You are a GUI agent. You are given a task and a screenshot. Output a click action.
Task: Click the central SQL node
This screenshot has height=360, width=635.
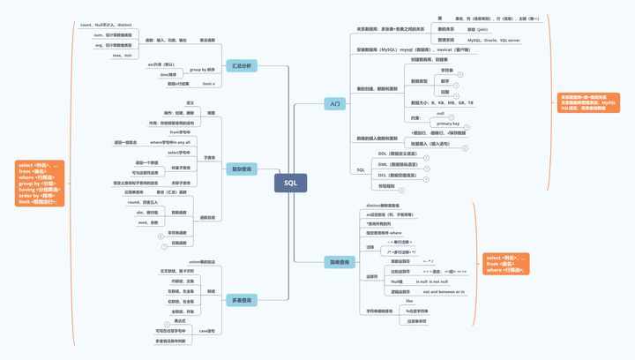pos(291,183)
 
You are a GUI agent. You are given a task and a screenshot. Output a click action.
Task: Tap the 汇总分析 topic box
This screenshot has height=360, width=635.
pos(241,66)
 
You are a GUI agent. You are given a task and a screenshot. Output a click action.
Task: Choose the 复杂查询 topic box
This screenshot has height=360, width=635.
pos(241,169)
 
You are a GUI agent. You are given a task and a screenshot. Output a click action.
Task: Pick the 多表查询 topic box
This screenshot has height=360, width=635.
pos(241,301)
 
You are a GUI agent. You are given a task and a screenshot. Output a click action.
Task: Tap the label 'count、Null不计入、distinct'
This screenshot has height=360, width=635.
pos(111,26)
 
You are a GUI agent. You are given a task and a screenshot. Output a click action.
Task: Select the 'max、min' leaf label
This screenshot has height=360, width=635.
pos(123,55)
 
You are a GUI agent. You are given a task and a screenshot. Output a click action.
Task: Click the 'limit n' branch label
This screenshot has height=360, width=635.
pos(209,84)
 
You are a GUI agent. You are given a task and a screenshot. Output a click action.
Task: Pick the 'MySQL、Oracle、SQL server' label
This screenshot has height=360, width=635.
pos(493,41)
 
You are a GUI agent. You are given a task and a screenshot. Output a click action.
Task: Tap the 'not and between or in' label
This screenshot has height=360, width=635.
pos(444,291)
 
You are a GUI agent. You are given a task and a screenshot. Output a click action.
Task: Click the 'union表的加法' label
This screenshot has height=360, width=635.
pos(202,262)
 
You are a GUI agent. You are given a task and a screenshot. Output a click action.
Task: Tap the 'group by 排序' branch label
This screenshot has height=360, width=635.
pos(203,69)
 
